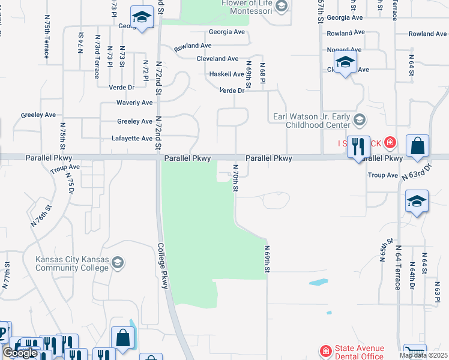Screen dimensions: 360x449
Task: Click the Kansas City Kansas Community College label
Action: [72, 263]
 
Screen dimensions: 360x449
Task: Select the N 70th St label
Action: [236, 179]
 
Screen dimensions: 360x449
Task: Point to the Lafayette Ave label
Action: [132, 139]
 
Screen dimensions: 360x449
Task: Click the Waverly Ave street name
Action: [134, 103]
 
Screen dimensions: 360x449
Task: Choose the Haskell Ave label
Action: [226, 74]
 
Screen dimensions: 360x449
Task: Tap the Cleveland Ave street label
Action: [217, 59]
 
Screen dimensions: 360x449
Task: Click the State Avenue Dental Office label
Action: [360, 352]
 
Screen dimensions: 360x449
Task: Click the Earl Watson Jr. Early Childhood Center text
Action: [312, 121]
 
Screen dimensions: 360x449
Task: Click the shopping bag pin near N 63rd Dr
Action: [417, 146]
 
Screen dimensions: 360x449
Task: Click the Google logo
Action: [19, 353]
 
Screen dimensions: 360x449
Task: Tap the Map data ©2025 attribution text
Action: [423, 355]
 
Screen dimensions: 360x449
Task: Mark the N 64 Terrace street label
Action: [397, 271]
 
